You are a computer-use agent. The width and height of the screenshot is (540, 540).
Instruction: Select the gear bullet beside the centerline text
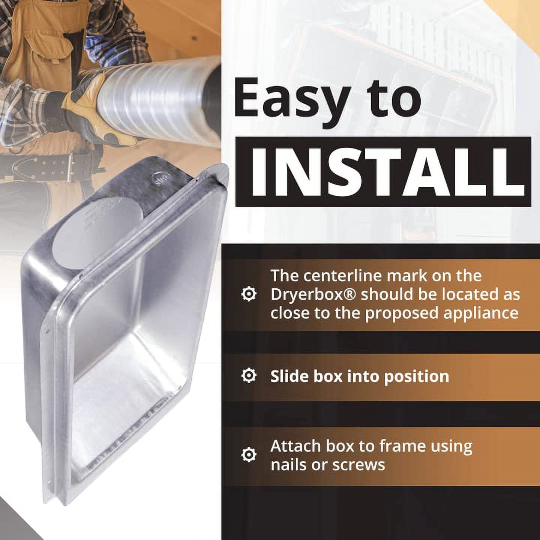[x=249, y=294]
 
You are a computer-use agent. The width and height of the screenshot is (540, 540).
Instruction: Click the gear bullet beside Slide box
[x=249, y=375]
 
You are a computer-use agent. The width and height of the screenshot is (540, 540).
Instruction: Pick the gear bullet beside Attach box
[x=249, y=455]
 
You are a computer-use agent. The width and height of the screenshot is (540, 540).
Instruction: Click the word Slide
[x=286, y=376]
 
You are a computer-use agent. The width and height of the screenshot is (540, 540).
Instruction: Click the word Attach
[x=295, y=446]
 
